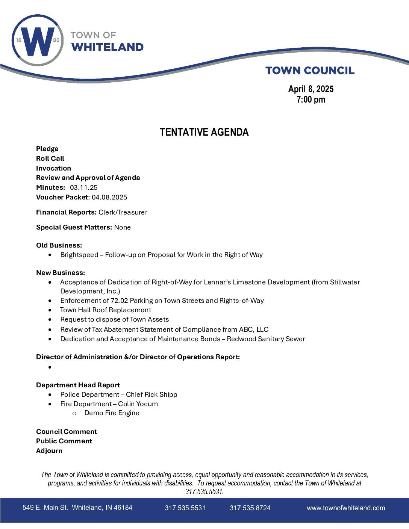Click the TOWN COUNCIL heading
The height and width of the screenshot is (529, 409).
pos(310,71)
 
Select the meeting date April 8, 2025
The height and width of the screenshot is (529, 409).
pos(311,89)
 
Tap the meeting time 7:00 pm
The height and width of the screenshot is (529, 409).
pos(311,100)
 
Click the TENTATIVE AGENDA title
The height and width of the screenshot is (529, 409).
pos(204,132)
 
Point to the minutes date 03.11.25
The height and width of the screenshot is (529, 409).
pos(84,187)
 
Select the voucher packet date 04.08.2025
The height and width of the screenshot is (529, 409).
pos(109,197)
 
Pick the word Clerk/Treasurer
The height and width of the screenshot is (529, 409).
pos(123,212)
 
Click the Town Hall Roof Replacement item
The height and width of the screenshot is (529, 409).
pos(106,310)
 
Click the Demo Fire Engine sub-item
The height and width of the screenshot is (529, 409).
pos(112,413)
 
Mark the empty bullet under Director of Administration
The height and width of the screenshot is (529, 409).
pos(50,367)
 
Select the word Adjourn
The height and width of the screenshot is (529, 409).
pos(49,451)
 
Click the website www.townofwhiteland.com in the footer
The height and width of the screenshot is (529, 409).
pos(346,508)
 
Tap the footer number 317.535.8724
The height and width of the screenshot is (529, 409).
pos(250,508)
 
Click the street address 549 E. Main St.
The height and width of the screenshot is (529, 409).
pos(45,508)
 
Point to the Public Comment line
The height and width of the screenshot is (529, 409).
pos(64,441)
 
